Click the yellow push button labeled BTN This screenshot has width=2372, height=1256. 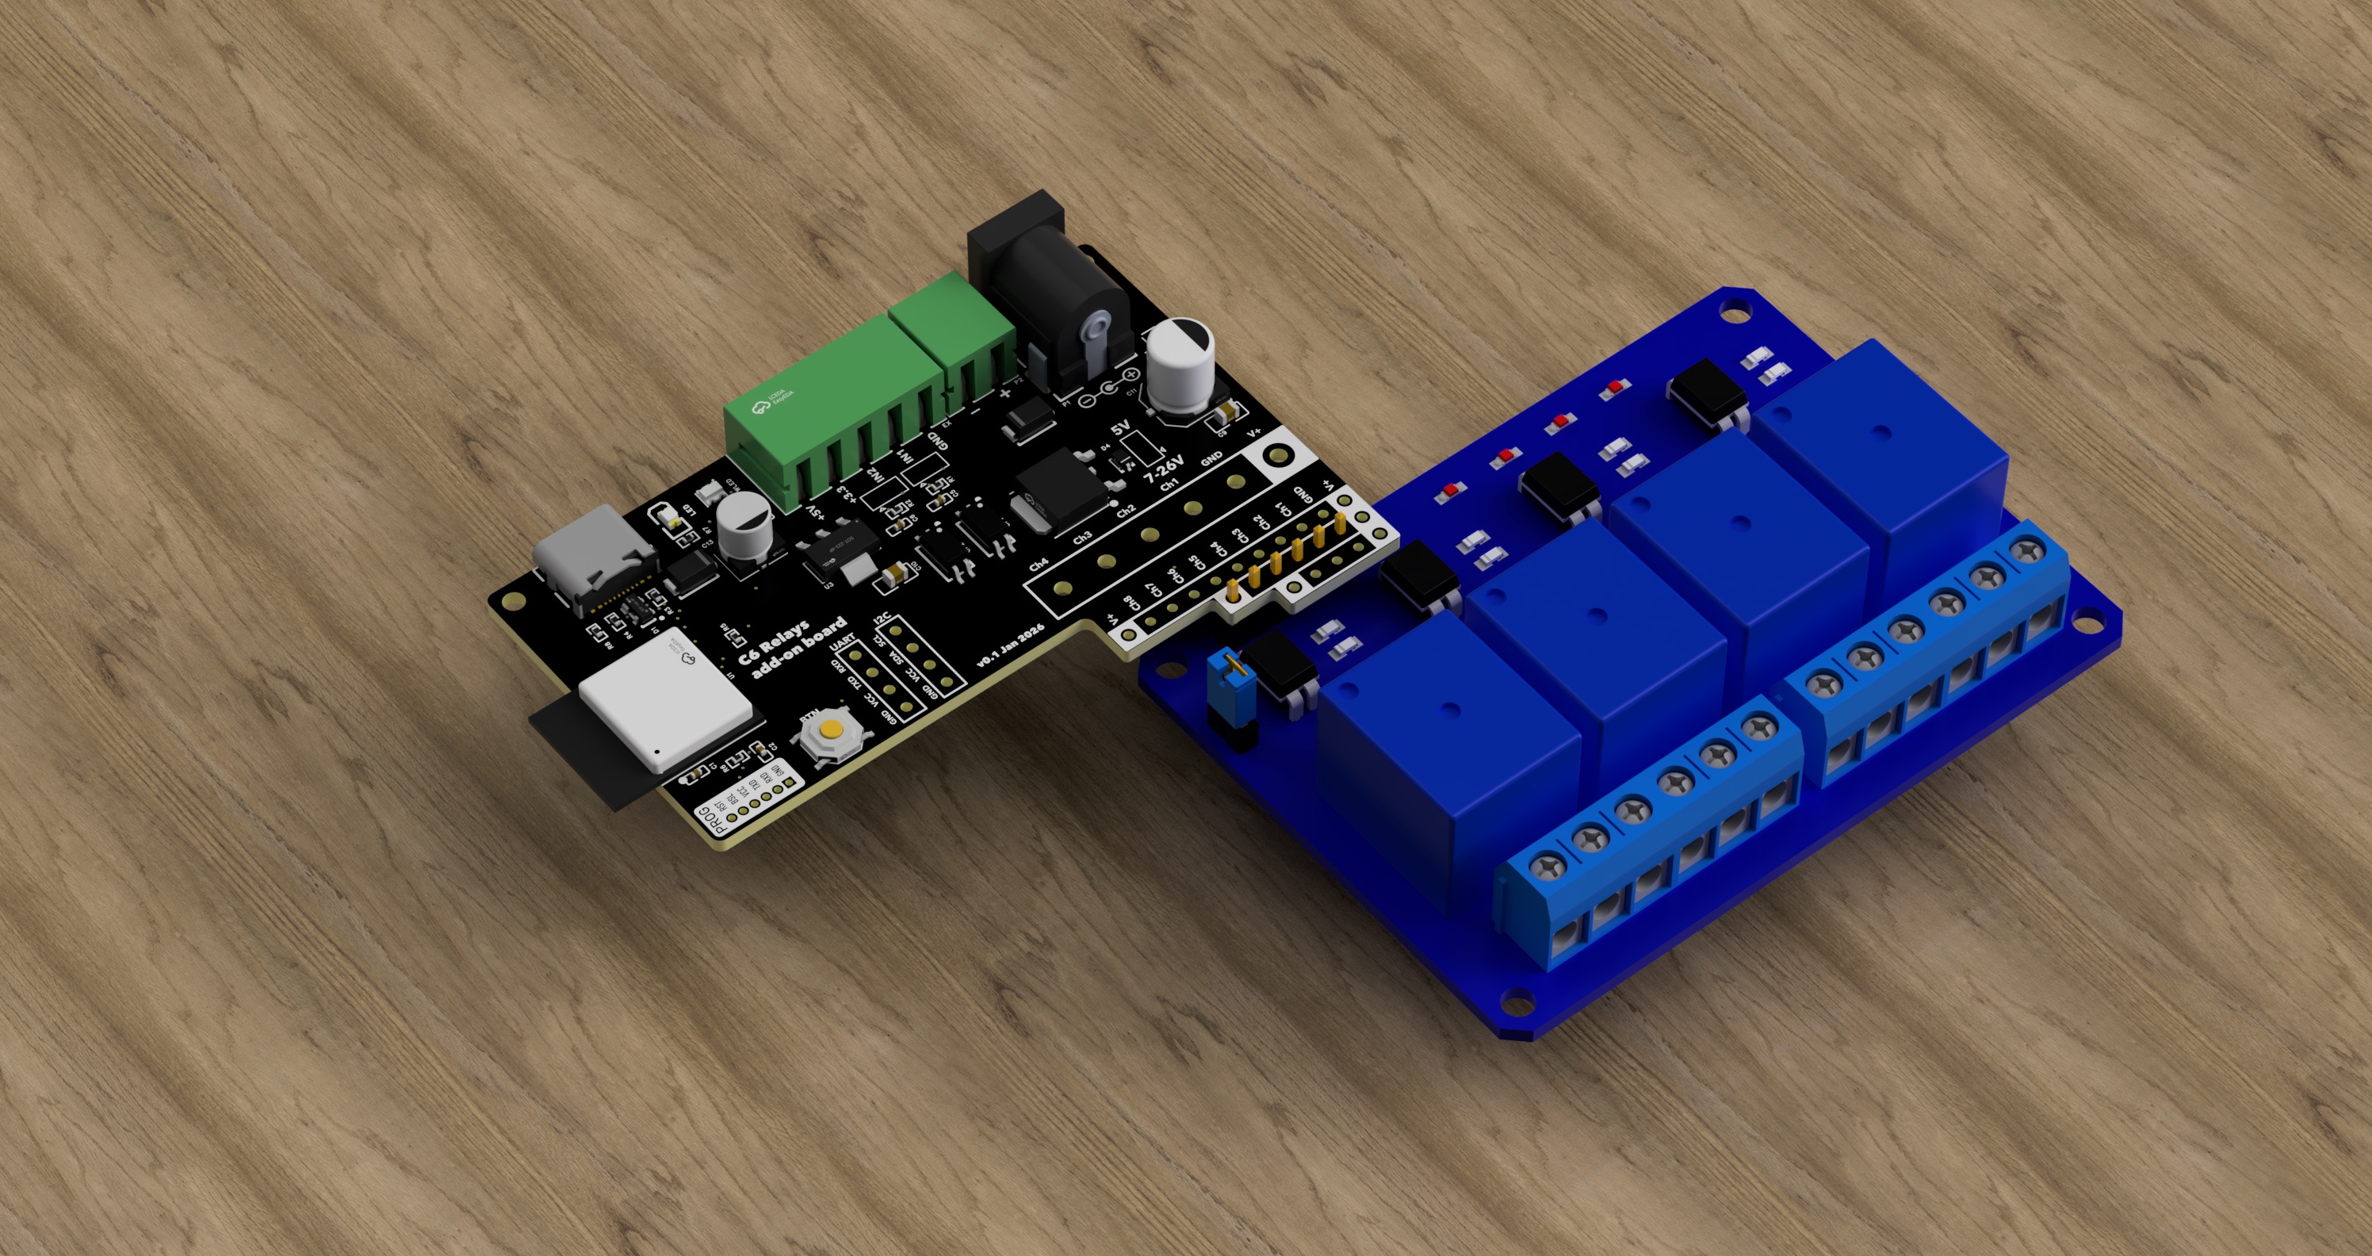click(832, 731)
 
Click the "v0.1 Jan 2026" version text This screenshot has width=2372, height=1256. click(1011, 645)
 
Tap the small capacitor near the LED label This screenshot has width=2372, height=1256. click(743, 524)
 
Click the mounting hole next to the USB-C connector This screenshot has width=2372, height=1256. click(513, 601)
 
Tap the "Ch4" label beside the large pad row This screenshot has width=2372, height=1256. click(1038, 564)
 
